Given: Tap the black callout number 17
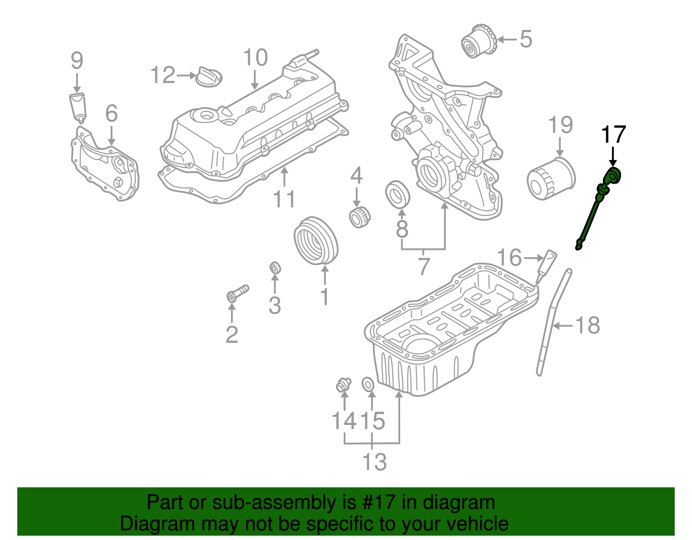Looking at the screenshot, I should (x=613, y=135).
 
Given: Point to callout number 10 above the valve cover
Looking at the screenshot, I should (x=255, y=58).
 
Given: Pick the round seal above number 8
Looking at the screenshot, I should (x=397, y=194).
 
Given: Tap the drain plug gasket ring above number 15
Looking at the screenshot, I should (x=368, y=383).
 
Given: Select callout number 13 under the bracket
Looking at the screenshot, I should (x=374, y=462).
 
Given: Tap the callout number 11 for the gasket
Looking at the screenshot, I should (x=284, y=199).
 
